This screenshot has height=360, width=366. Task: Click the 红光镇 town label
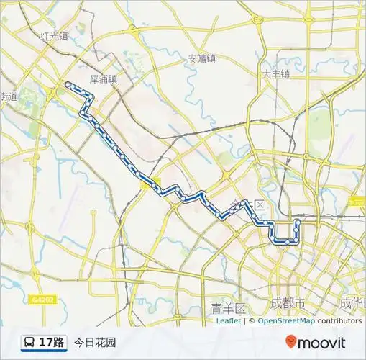click(x=54, y=35)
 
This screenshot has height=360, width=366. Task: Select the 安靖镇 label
click(x=202, y=59)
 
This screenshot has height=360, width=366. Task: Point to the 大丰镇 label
click(x=275, y=73)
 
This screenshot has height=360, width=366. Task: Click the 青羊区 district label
click(x=229, y=308)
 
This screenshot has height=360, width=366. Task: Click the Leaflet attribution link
click(x=228, y=321)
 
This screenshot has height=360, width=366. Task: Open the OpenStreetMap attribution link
click(x=286, y=321)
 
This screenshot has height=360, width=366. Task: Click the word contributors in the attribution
click(x=339, y=321)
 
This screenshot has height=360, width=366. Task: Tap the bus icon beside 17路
click(x=29, y=342)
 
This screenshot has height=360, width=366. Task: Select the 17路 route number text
click(x=52, y=342)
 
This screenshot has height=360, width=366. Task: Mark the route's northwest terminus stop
click(x=68, y=85)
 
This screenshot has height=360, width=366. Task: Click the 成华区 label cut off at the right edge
click(x=352, y=302)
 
